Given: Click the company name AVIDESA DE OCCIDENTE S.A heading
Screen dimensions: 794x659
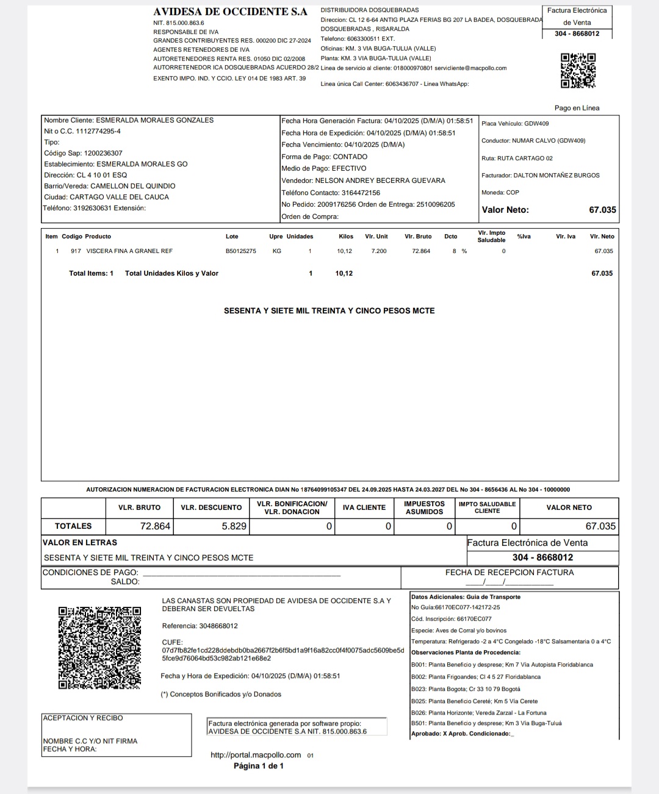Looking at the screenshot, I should pyautogui.click(x=230, y=12).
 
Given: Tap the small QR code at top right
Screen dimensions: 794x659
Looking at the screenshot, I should pyautogui.click(x=578, y=71).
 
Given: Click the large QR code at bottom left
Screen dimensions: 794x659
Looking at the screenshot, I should pyautogui.click(x=99, y=648).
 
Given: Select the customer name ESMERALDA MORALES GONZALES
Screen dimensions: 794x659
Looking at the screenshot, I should pyautogui.click(x=154, y=120).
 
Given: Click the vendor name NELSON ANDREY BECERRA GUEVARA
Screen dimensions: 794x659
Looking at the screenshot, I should pyautogui.click(x=380, y=181).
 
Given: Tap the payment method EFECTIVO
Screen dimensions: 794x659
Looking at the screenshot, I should pyautogui.click(x=349, y=168).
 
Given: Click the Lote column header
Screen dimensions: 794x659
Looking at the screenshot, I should pyautogui.click(x=232, y=237).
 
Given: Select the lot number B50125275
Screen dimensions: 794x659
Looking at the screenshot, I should pyautogui.click(x=241, y=251).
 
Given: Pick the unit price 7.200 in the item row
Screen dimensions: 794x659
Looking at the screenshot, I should pyautogui.click(x=379, y=251).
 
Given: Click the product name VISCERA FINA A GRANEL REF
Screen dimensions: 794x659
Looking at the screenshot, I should pyautogui.click(x=129, y=251).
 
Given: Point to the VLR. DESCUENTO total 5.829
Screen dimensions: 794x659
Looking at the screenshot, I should pyautogui.click(x=234, y=526).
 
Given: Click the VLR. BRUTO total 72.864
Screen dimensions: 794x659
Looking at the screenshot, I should pyautogui.click(x=155, y=526).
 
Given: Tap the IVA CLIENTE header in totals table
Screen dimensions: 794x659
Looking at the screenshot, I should pyautogui.click(x=364, y=507).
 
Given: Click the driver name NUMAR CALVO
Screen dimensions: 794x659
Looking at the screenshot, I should pyautogui.click(x=534, y=141).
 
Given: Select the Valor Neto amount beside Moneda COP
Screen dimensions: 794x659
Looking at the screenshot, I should pyautogui.click(x=602, y=210).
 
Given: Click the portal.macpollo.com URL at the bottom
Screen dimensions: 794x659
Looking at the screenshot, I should pyautogui.click(x=256, y=755).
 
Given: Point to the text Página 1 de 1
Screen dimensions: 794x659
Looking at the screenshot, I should pyautogui.click(x=259, y=766).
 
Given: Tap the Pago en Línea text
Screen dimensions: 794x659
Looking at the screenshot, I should pyautogui.click(x=577, y=108).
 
